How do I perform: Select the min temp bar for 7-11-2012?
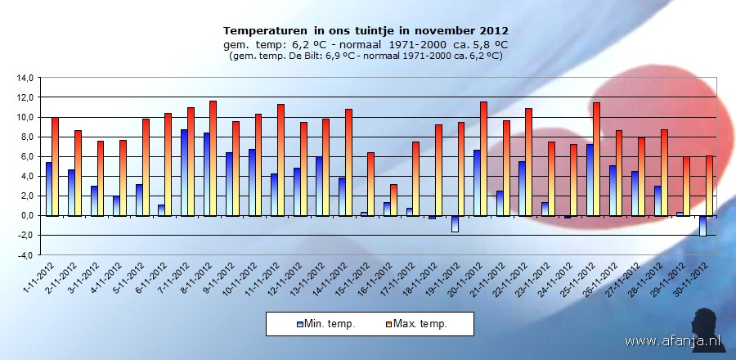tap(184, 172)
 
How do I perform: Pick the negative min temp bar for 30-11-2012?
tap(702, 226)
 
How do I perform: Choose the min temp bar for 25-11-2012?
tap(590, 179)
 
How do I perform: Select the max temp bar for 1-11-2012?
tap(55, 166)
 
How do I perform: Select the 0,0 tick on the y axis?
tap(25, 216)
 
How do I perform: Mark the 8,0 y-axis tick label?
tap(25, 137)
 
